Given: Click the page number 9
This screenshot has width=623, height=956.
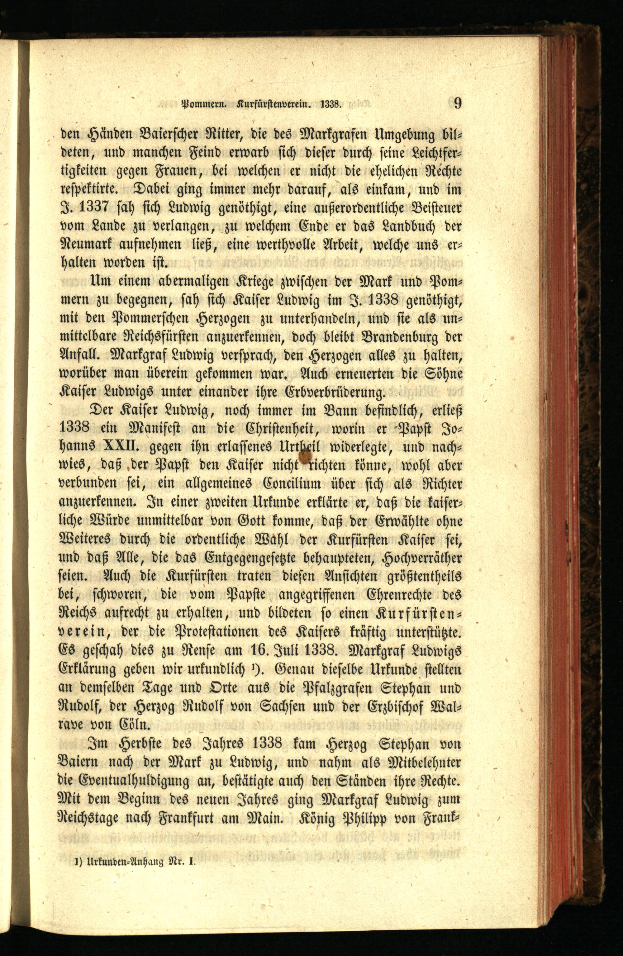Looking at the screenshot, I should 457,104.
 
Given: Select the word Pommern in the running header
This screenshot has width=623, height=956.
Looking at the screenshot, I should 205,105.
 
